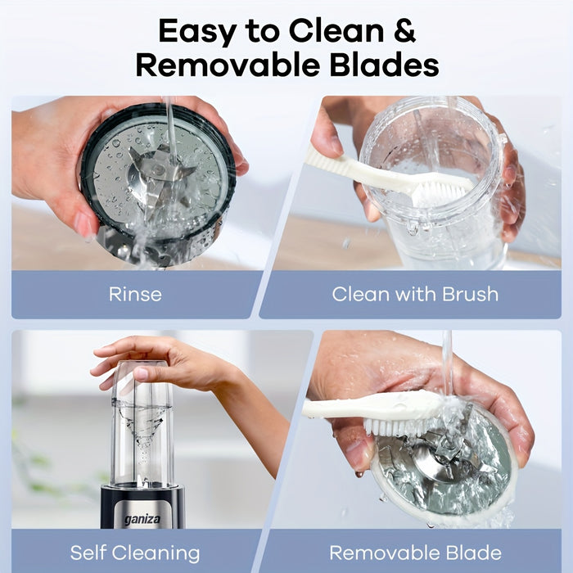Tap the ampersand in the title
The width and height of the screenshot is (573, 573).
coord(404,31)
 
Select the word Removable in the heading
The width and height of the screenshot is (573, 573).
coord(228,65)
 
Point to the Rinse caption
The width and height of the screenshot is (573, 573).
coord(135,294)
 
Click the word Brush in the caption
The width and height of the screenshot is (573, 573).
coord(471,294)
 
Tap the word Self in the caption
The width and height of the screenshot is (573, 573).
coord(88,553)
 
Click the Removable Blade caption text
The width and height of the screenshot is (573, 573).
coord(415,553)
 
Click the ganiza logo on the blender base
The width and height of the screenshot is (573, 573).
coord(142,519)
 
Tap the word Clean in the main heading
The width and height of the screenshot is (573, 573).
coord(336,31)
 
